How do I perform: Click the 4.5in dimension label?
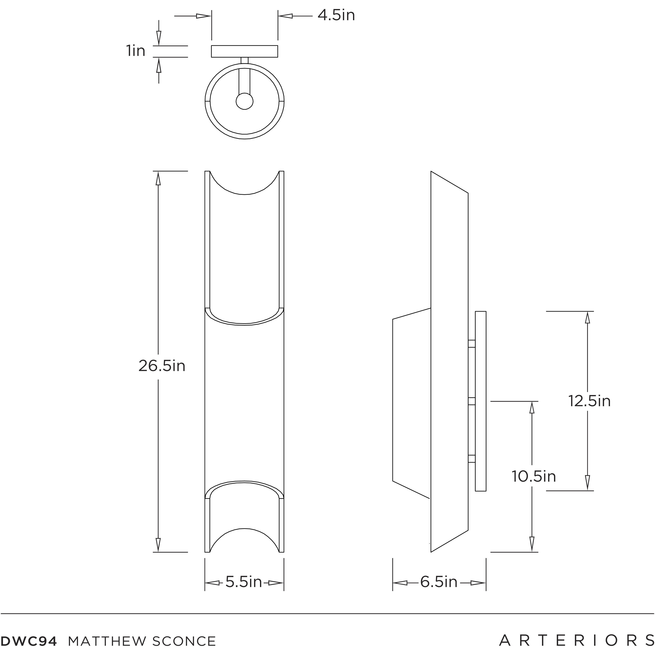point(336,16)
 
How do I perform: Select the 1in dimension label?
point(136,51)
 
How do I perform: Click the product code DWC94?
point(29,641)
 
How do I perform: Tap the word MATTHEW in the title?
point(107,641)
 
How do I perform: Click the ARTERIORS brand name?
point(576,640)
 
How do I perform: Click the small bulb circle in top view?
point(244,101)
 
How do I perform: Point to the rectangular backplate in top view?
point(244,51)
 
